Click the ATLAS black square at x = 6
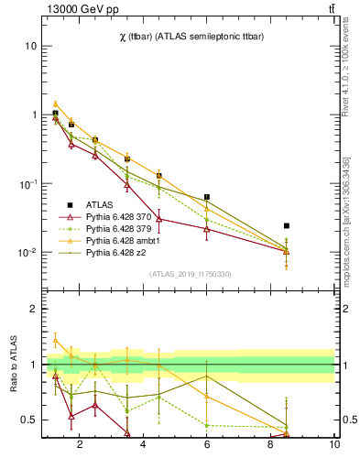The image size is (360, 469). pyautogui.click(x=207, y=197)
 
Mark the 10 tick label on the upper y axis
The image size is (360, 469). pyautogui.click(x=31, y=46)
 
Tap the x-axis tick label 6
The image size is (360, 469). pyautogui.click(x=207, y=445)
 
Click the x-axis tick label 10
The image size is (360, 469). pyautogui.click(x=334, y=445)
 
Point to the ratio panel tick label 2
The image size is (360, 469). pyautogui.click(x=34, y=310)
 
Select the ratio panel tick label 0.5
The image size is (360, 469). pyautogui.click(x=29, y=420)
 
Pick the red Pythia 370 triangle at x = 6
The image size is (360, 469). pyautogui.click(x=207, y=229)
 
